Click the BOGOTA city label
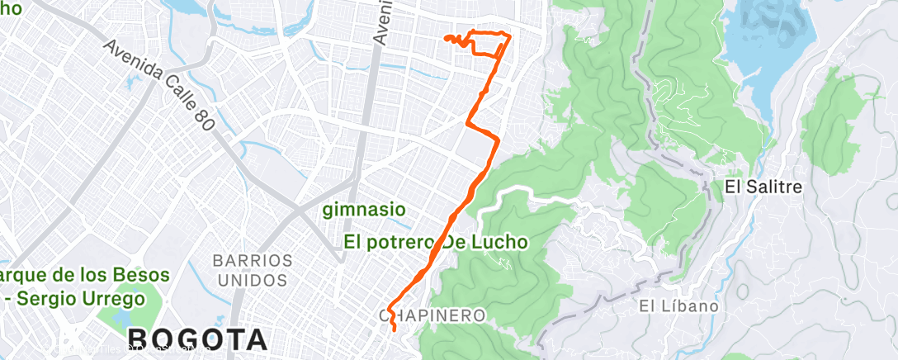tap(197, 339)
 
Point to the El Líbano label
tap(678, 306)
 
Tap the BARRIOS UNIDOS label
tap(253, 269)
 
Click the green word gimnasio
tap(364, 209)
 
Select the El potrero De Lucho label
tap(436, 242)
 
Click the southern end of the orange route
tap(395, 329)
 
